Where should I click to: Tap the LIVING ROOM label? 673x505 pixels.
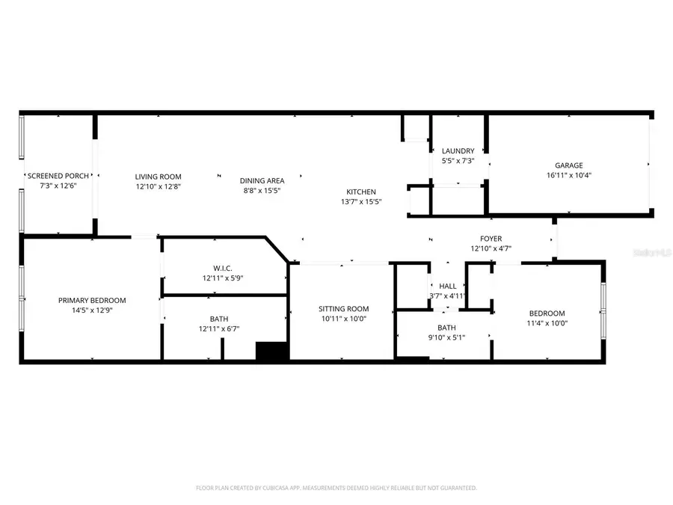[x=158, y=177]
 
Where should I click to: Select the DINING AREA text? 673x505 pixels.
[x=262, y=180]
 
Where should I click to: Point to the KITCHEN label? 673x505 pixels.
[x=360, y=192]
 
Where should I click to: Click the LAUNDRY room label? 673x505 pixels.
[x=458, y=151]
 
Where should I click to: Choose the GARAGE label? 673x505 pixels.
[x=568, y=165]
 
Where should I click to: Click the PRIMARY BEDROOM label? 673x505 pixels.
[x=92, y=300]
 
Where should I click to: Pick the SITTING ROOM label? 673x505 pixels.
[x=343, y=308]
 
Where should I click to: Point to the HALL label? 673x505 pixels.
[x=447, y=286]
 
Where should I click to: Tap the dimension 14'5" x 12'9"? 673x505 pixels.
[x=92, y=310]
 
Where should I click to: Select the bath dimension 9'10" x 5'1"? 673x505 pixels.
[x=446, y=337]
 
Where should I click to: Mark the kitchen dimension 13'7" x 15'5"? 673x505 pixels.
[x=360, y=201]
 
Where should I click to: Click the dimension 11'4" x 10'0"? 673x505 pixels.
[x=547, y=323]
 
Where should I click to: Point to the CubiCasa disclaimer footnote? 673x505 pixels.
[x=336, y=488]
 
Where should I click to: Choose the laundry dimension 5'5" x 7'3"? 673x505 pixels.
[x=458, y=161]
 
